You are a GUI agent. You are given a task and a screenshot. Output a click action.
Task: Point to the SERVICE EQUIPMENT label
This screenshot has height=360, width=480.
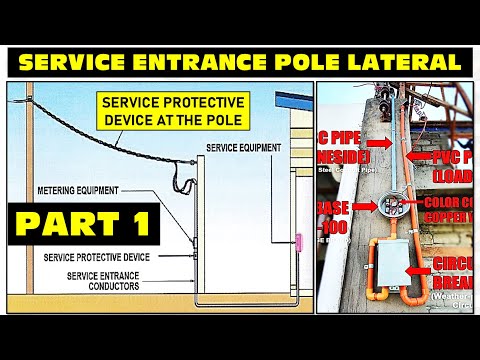point(244,147)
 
